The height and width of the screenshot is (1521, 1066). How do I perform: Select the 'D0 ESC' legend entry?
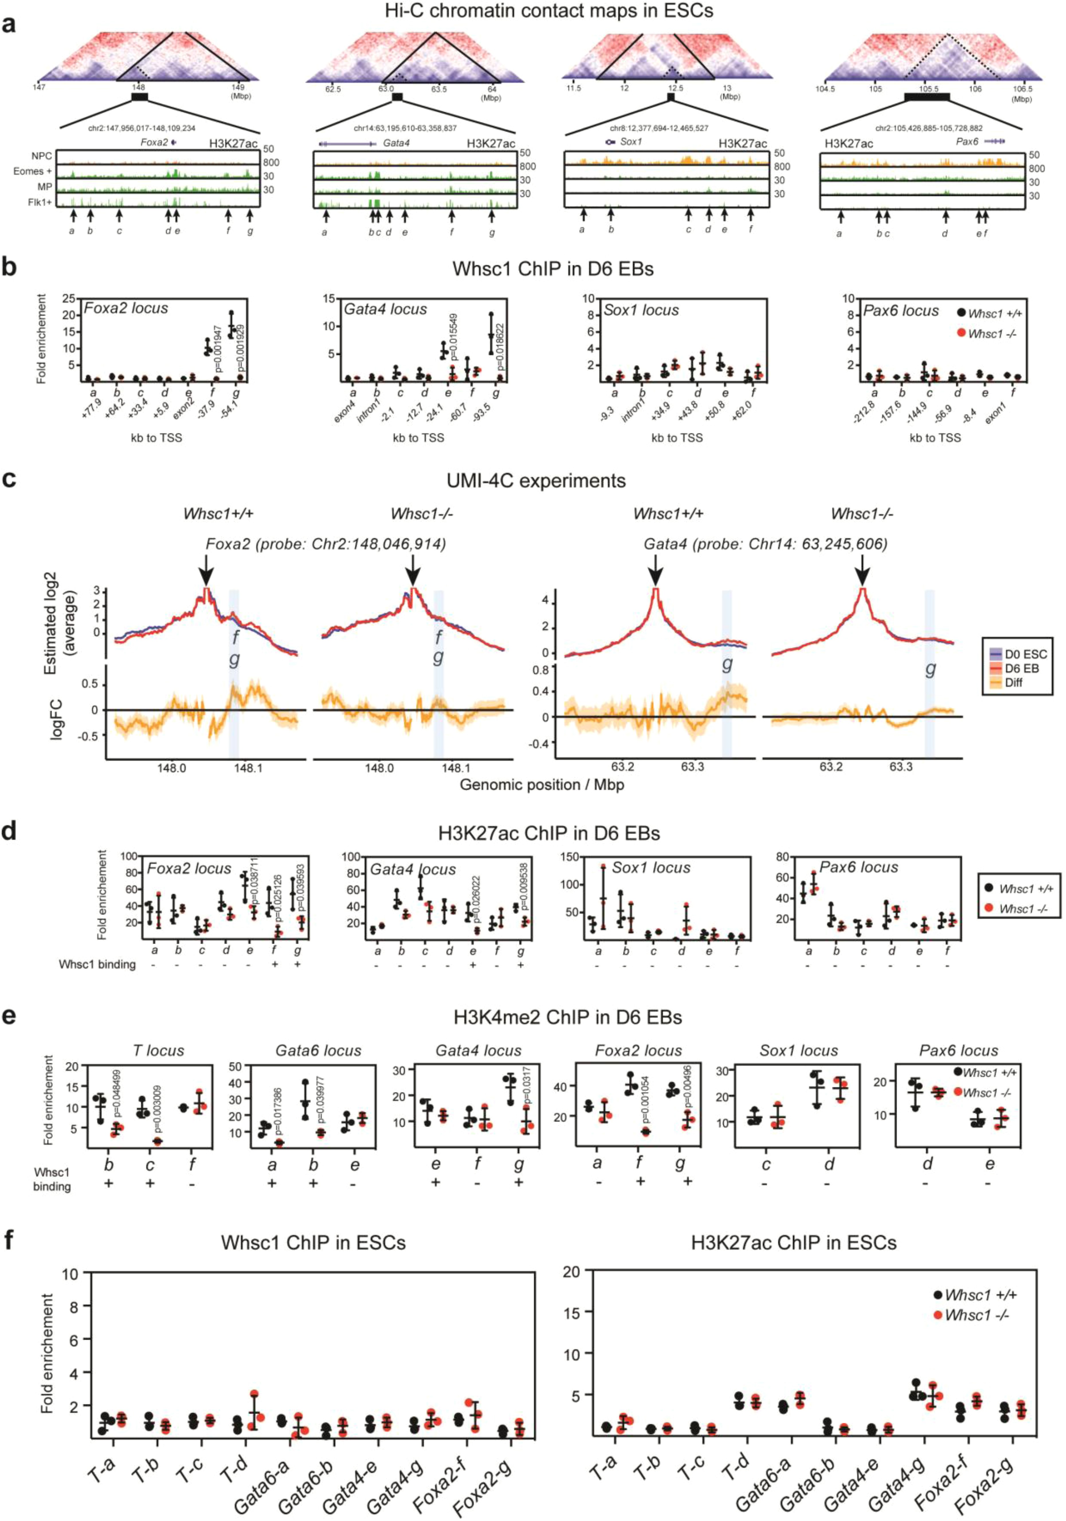pyautogui.click(x=1025, y=654)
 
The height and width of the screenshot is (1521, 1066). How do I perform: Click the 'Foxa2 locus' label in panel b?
pyautogui.click(x=126, y=308)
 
